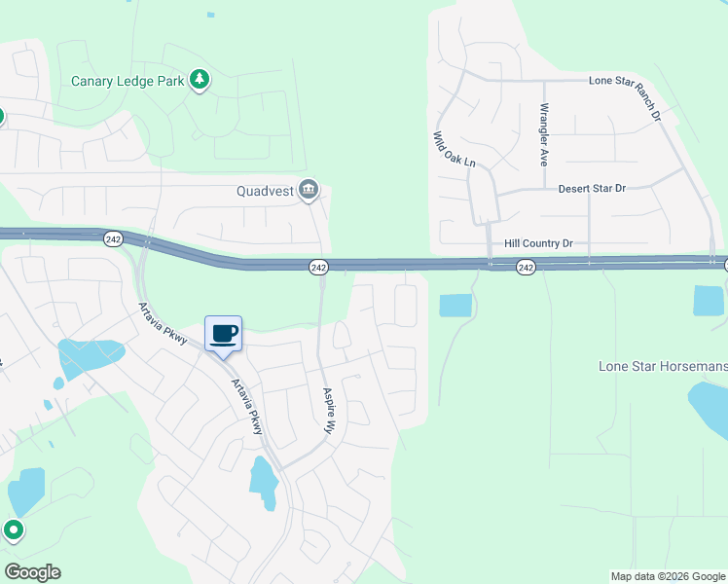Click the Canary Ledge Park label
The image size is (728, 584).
(128, 81)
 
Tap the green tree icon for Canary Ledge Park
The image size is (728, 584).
(200, 80)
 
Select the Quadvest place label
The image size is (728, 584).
(266, 191)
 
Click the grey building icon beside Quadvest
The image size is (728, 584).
(309, 189)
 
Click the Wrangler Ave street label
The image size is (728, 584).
(545, 133)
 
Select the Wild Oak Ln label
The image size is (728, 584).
(454, 149)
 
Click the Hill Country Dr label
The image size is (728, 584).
(539, 243)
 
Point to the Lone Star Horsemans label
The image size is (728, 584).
(662, 366)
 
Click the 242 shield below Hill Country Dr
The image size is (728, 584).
(526, 267)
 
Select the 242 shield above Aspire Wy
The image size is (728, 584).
(318, 267)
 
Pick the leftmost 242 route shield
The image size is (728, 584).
(114, 238)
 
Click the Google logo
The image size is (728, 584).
(32, 572)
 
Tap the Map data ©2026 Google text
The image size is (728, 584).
(668, 576)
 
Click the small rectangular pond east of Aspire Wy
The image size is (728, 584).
(455, 306)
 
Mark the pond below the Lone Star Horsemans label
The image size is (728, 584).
(710, 408)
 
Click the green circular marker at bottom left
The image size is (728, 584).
(13, 530)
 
